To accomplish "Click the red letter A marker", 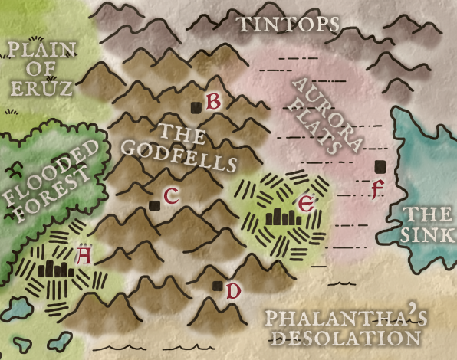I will point(84,255).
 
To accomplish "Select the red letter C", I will point(171,196).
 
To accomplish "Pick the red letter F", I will point(376,188).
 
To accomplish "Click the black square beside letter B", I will point(196,107).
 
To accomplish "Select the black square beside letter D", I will point(217,287).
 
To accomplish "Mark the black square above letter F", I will point(379,166).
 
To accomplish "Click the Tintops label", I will point(288,25).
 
